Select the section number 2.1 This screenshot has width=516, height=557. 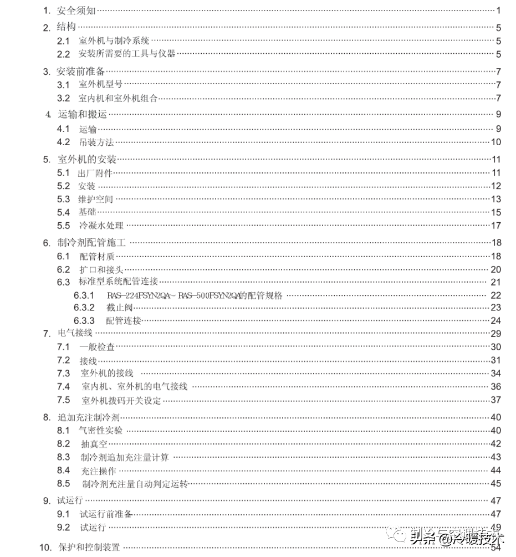tap(64, 40)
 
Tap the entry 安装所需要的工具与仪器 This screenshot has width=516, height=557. tap(127, 54)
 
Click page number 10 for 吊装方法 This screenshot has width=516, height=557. tap(495, 142)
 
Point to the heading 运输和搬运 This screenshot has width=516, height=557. tap(82, 115)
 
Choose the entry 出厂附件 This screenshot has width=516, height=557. tap(95, 173)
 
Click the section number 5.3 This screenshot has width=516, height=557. tap(64, 199)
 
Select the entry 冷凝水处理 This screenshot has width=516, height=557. tap(101, 226)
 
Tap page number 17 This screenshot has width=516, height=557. tap(495, 226)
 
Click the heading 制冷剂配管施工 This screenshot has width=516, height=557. tap(93, 242)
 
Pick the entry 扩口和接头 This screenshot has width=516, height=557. tap(101, 269)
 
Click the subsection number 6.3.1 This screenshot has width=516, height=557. tap(84, 295)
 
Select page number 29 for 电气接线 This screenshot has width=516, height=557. tap(495, 333)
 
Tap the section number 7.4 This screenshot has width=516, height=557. tap(64, 386)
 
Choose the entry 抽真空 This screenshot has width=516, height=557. tap(93, 443)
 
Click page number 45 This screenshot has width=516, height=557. tap(495, 484)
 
